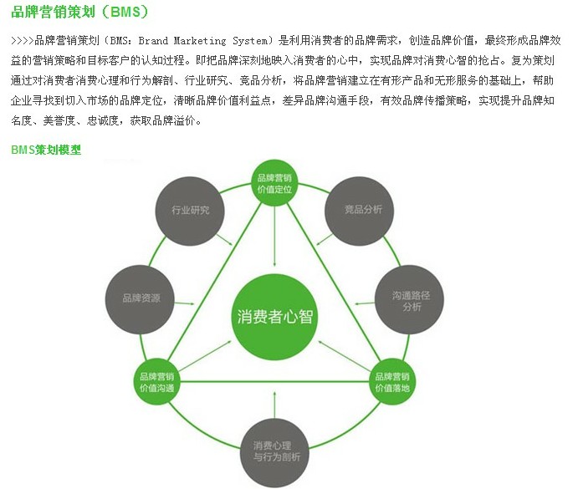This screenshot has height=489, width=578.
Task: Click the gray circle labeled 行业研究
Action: pyautogui.click(x=190, y=210)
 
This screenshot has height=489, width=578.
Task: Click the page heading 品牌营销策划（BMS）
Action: pyautogui.click(x=80, y=13)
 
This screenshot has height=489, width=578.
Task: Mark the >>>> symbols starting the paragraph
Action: pyautogui.click(x=23, y=40)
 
